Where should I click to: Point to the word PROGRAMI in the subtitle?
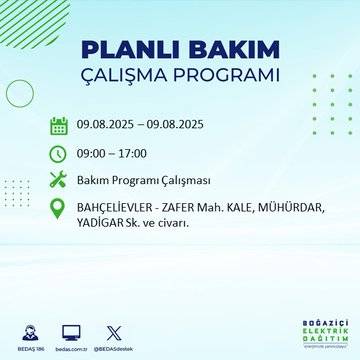pos(227,76)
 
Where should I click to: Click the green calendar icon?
pos(59,126)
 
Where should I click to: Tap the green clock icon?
pos(59,153)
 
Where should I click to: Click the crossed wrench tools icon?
pos(59,180)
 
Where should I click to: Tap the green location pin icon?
pos(59,208)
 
